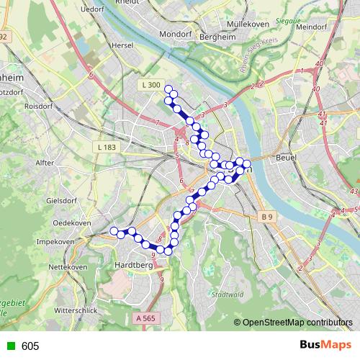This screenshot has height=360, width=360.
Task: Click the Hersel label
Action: click(124, 45)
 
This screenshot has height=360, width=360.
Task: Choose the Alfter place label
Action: click(45, 163)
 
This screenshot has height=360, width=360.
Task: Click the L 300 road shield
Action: click(150, 85)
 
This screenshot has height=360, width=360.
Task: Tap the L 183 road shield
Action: click(105, 147)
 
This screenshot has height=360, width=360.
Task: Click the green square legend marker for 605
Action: click(9, 346)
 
